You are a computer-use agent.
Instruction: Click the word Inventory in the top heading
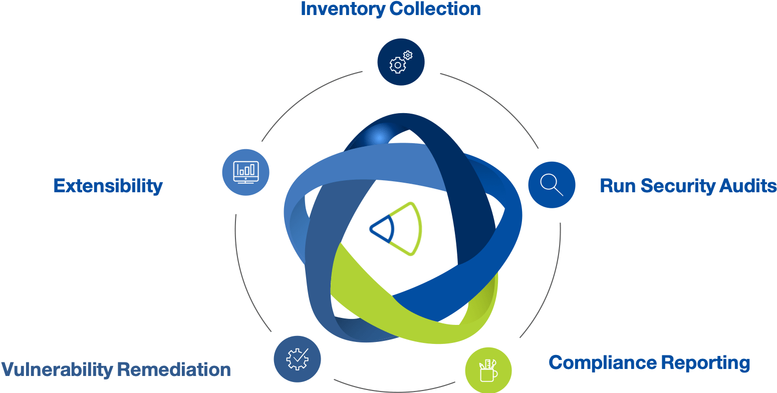click(343, 9)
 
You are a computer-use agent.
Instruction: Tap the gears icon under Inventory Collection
click(401, 62)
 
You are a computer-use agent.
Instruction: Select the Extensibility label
click(108, 186)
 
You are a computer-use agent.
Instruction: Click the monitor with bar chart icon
click(245, 172)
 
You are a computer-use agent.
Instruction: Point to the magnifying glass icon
click(552, 185)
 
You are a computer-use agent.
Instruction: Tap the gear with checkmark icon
click(297, 359)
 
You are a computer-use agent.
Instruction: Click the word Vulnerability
click(57, 370)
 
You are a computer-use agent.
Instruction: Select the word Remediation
click(173, 370)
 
